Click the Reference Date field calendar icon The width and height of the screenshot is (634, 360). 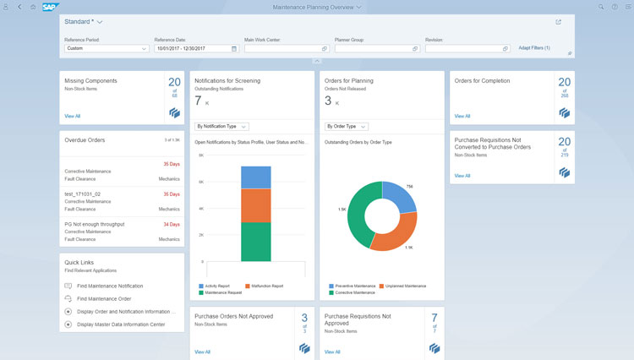(x=232, y=49)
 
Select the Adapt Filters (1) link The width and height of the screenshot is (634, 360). (x=533, y=48)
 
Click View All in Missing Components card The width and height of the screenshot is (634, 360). (x=73, y=115)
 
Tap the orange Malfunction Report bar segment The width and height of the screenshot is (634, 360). (x=255, y=205)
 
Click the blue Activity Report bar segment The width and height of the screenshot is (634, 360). (x=255, y=177)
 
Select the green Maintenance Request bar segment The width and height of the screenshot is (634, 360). (x=255, y=242)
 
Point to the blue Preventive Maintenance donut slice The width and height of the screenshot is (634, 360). (x=396, y=192)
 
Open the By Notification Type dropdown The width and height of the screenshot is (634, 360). (x=221, y=127)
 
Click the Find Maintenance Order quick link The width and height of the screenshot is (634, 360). (x=104, y=299)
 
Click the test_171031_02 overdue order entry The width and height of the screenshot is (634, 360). (x=84, y=194)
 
